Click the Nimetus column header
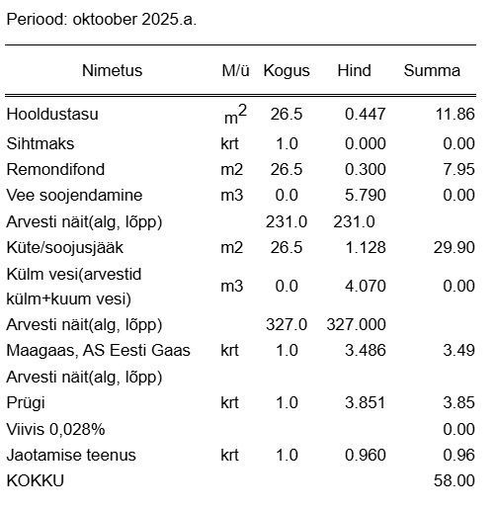click(x=112, y=71)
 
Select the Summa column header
click(x=432, y=71)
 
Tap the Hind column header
click(x=354, y=71)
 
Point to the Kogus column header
click(x=287, y=71)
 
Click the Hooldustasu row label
click(x=52, y=115)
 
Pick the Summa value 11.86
click(x=455, y=115)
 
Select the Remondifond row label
click(x=55, y=169)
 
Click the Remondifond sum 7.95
click(x=459, y=169)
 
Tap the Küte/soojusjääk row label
click(x=65, y=247)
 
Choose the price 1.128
click(x=365, y=247)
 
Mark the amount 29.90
click(x=455, y=247)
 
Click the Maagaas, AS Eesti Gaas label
click(x=98, y=351)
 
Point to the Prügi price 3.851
click(x=365, y=403)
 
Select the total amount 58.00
click(x=455, y=480)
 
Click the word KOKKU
click(x=35, y=480)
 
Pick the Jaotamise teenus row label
click(x=71, y=455)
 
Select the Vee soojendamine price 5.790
click(x=365, y=195)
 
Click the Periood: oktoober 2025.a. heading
click(x=102, y=20)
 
